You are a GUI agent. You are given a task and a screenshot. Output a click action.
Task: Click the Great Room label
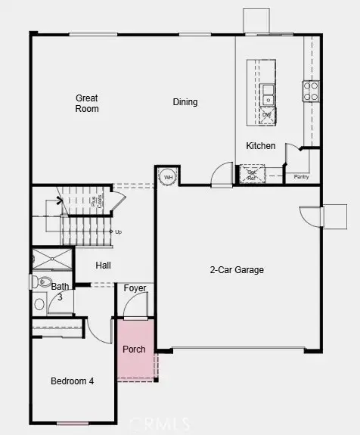87,103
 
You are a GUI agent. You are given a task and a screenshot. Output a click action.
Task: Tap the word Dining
185,102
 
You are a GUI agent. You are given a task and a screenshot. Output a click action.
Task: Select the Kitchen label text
260,146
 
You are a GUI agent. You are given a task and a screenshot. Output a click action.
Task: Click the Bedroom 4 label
73,381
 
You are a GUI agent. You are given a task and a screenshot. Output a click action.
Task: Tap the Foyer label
135,287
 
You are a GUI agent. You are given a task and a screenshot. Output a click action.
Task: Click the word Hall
104,266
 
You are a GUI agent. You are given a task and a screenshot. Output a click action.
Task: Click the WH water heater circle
168,178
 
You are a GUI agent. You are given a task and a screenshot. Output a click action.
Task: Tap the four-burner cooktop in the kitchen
311,92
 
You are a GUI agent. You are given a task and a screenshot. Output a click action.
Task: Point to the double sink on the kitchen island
268,94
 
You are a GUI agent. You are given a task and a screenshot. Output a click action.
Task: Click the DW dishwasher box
267,115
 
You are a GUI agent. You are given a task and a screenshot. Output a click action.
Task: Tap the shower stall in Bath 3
52,259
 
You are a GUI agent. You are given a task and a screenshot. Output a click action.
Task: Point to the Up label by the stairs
116,231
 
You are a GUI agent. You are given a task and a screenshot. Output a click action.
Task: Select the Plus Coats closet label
96,201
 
